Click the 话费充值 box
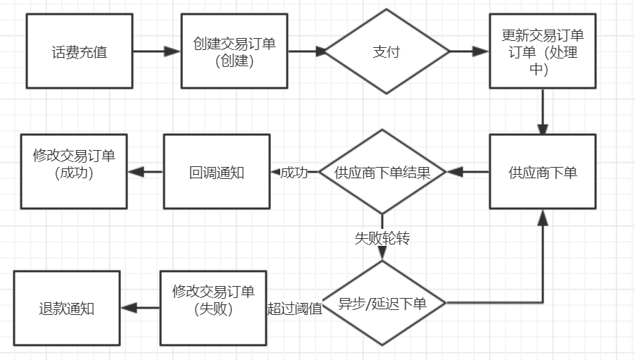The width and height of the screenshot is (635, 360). pos(80,51)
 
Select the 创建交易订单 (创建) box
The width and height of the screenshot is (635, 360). pos(234,51)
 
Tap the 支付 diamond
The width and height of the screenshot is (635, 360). pos(386,51)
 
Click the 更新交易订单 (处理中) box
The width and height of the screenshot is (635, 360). pos(542,51)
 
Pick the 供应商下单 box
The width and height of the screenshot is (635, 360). pos(542,172)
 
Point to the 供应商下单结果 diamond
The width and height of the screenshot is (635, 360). pos(382,172)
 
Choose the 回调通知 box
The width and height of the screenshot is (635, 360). pos(216,172)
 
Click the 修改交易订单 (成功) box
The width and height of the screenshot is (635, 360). pos(73,172)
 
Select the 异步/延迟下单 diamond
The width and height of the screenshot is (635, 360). pos(382,304)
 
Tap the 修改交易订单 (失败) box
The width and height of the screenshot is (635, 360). pos(213,307)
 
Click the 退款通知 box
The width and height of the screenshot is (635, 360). pos(66,308)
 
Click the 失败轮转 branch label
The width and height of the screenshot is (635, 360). pos(382,238)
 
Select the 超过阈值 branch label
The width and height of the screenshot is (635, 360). pos(294,308)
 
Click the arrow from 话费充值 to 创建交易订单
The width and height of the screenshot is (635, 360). pos(156,51)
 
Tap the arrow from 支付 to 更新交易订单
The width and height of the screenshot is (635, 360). pos(469,51)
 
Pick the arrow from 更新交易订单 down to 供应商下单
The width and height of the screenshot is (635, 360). pos(542,111)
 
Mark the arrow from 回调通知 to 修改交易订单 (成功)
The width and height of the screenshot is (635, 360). pos(145,172)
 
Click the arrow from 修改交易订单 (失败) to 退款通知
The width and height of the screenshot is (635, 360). pos(140,307)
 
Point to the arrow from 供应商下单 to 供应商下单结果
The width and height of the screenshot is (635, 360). pos(467,172)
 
